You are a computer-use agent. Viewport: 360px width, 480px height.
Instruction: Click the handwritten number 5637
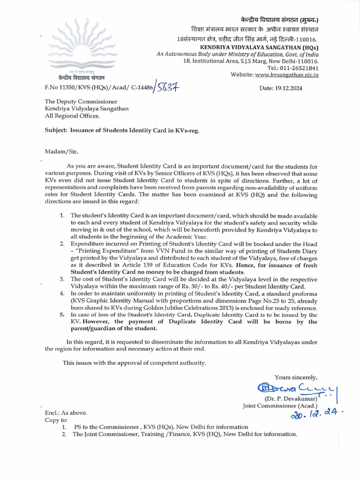coord(167,87)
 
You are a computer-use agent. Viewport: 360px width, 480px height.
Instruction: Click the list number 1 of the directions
coord(62,215)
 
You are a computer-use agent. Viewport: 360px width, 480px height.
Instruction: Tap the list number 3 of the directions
coord(62,279)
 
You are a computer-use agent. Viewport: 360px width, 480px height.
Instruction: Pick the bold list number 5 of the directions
coord(62,315)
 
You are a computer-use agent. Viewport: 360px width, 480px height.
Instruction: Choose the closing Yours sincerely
coord(296,377)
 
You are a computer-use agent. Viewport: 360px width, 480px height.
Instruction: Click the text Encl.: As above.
coord(66,413)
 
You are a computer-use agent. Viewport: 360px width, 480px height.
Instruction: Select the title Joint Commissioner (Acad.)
coord(280,405)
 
